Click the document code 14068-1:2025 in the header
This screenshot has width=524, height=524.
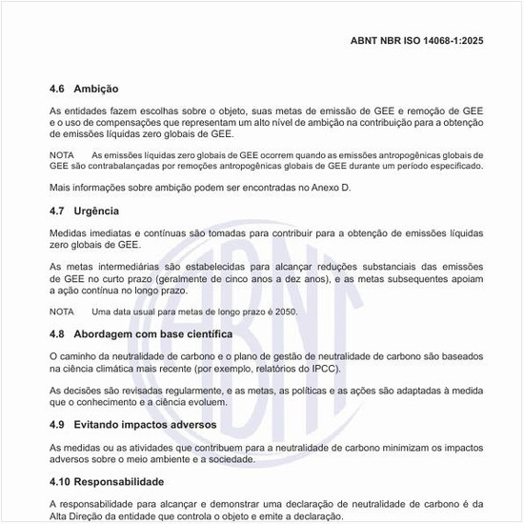[x=455, y=42]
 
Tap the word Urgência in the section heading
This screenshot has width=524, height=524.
[x=98, y=211]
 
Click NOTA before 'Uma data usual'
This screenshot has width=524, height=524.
[x=61, y=312]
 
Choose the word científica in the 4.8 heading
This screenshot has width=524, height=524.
[x=200, y=334]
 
